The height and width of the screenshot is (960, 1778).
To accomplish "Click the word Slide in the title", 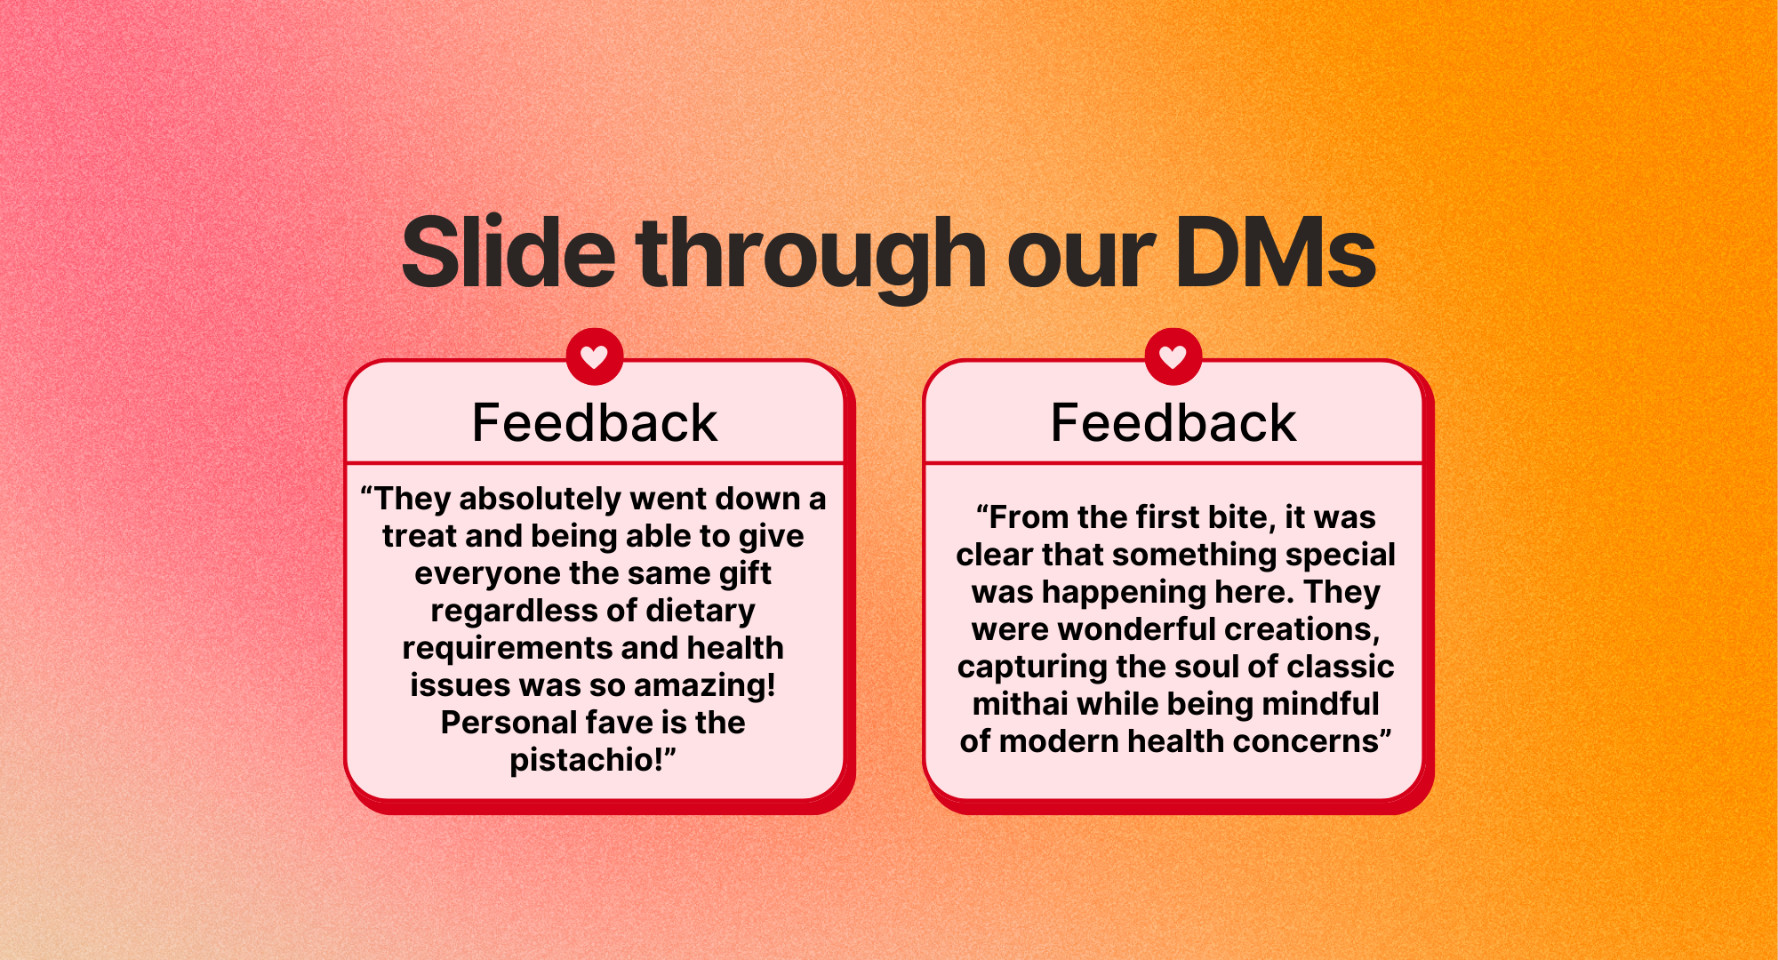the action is [509, 253].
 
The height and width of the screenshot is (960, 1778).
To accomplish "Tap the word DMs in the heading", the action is [1276, 253].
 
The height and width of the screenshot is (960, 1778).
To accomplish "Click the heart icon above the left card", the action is [595, 356].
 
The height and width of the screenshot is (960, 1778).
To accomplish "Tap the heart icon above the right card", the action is [1173, 356].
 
